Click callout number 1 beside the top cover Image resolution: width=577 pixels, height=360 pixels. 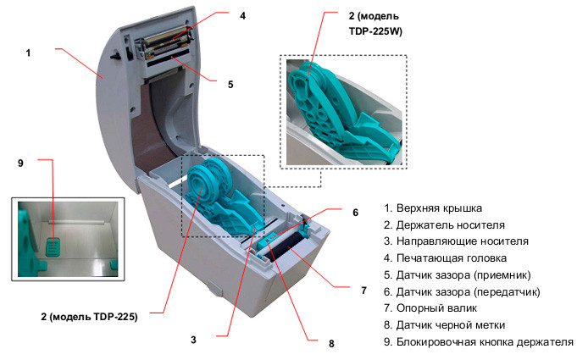click(28, 53)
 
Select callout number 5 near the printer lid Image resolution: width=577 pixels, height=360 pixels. click(230, 84)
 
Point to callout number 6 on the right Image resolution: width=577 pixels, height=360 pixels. click(355, 213)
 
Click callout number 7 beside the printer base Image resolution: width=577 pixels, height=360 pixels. click(363, 291)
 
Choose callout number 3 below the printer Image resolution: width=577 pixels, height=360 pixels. click(193, 340)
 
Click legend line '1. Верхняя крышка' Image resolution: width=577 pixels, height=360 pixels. click(432, 208)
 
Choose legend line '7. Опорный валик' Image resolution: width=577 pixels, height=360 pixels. click(430, 308)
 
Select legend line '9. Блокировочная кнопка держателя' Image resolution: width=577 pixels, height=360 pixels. click(478, 342)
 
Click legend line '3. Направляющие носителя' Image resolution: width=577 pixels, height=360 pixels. click(449, 241)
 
